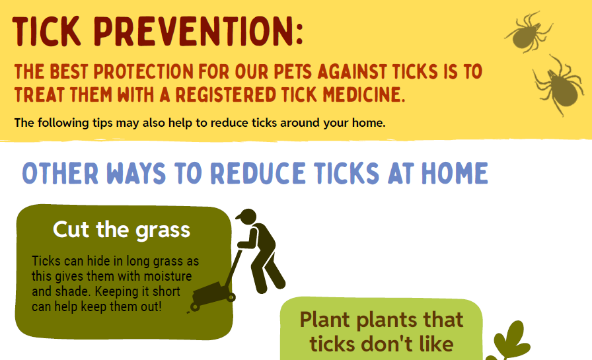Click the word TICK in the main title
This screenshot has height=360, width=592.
(x=46, y=31)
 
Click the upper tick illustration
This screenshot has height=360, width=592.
(x=529, y=32)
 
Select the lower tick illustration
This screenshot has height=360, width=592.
(x=558, y=86)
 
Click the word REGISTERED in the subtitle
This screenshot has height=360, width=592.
(x=226, y=94)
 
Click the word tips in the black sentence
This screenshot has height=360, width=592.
(x=102, y=124)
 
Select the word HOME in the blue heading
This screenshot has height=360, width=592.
(x=455, y=173)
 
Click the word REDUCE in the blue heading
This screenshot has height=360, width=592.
(x=258, y=173)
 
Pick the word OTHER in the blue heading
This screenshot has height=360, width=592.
(x=60, y=173)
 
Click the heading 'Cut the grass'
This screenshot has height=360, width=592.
(x=122, y=229)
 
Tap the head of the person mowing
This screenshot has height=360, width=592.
(x=247, y=217)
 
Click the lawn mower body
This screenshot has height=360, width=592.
(x=209, y=293)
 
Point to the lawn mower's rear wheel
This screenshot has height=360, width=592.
(x=195, y=306)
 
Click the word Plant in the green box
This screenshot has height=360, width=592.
(x=324, y=320)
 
